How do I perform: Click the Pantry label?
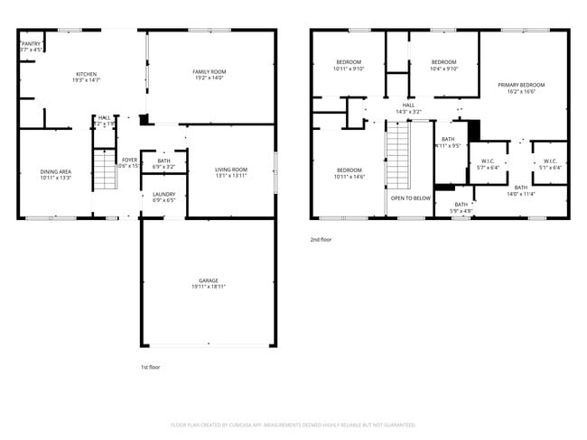[32, 42]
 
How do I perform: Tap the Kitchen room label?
[87, 74]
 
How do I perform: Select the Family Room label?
[209, 71]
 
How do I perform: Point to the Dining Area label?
[55, 171]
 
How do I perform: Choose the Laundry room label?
[163, 194]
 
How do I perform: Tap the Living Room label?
[230, 170]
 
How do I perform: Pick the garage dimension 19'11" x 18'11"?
[209, 287]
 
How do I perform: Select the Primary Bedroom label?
[521, 85]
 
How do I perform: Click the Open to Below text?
[410, 197]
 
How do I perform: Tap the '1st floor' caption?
[150, 368]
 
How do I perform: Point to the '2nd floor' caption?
[321, 240]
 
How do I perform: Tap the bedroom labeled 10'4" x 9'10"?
[445, 65]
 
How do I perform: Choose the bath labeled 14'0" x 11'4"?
[521, 190]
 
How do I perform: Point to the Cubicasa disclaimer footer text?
[293, 424]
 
